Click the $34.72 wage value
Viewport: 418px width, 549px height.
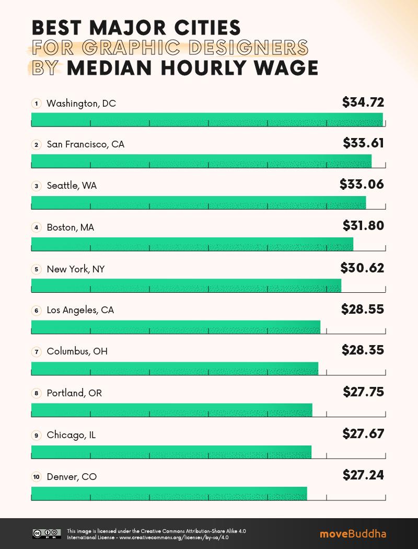tap(363, 102)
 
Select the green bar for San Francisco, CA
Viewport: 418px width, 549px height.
tap(201, 161)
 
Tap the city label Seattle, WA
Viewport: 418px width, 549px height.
tap(72, 186)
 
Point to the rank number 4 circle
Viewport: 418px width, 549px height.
tap(36, 227)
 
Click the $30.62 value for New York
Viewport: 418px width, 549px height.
tap(362, 268)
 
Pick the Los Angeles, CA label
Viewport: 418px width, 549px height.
tap(80, 310)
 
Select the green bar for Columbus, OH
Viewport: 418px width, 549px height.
tap(175, 369)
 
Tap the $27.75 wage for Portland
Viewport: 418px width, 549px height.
tap(363, 392)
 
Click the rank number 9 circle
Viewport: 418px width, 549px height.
tap(36, 435)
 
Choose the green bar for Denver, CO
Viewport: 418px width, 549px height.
tap(169, 493)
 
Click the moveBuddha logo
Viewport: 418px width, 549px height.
tap(353, 534)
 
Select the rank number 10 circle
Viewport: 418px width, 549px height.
tap(36, 477)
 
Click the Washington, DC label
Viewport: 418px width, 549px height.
tap(81, 104)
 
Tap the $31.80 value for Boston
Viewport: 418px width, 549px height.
tap(363, 226)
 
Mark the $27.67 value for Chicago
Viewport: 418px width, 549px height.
tap(363, 433)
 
